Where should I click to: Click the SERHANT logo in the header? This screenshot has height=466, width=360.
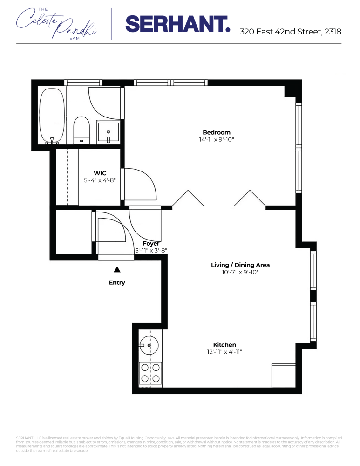(177, 24)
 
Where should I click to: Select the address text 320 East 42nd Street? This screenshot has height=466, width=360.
(290, 32)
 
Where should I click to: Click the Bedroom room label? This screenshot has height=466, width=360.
(216, 132)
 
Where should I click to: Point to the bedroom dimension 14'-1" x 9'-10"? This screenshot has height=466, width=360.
(216, 139)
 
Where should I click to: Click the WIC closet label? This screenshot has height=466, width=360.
(100, 173)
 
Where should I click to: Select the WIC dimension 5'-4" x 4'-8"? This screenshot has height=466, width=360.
(100, 180)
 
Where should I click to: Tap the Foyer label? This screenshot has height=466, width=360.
(151, 244)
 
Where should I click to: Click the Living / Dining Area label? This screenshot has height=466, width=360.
(240, 265)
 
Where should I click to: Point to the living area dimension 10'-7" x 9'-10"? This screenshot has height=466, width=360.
(240, 272)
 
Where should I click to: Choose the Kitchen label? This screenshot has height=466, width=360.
(224, 345)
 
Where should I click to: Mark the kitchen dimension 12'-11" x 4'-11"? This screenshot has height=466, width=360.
(224, 352)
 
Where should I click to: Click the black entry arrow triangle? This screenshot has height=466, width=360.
(117, 269)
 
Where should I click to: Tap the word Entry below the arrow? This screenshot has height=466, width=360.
(117, 282)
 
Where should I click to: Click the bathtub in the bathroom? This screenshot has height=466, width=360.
(52, 116)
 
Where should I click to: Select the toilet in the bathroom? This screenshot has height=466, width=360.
(82, 130)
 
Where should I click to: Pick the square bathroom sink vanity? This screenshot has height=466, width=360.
(108, 133)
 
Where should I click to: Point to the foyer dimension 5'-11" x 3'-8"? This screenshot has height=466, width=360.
(151, 250)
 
